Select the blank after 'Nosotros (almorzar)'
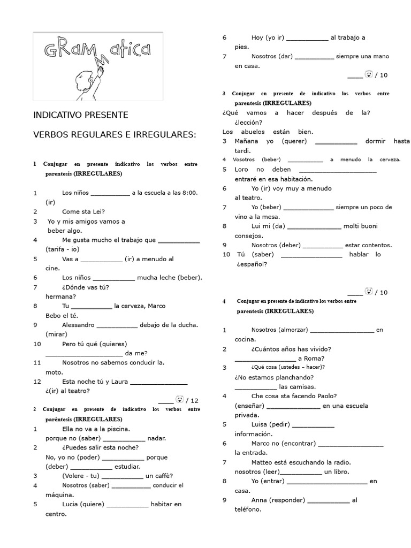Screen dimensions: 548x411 [342, 330]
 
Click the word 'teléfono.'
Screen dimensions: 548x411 [248, 509]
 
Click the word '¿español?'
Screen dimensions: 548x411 [252, 264]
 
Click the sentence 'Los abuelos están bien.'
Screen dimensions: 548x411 [268, 132]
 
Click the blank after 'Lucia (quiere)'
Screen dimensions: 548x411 [128, 505]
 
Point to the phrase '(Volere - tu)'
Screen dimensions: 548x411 [80, 476]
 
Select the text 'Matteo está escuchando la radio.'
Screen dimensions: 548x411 [301, 462]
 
